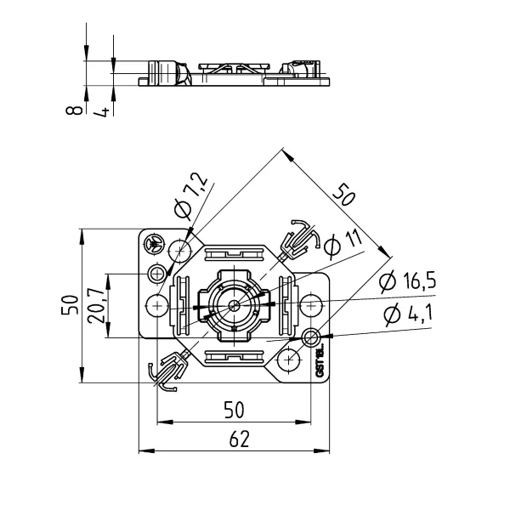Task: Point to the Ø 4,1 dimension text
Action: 408,314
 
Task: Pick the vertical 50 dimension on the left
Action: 71,305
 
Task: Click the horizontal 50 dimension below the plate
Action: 234,410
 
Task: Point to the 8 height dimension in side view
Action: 75,108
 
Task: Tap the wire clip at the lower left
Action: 168,371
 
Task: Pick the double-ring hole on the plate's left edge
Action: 157,274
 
